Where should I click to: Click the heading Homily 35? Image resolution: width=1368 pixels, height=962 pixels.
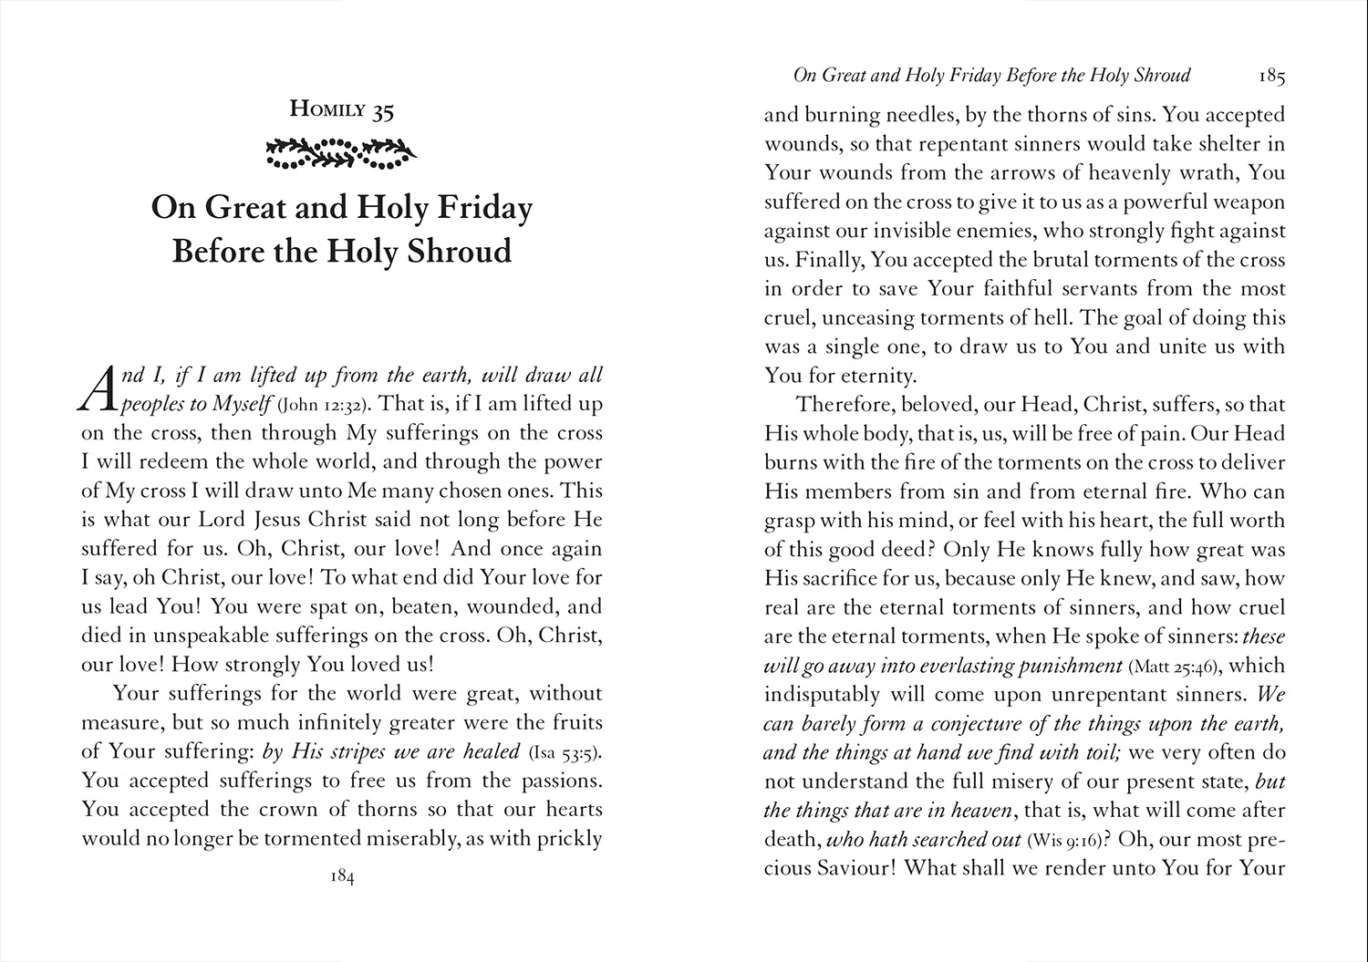341,110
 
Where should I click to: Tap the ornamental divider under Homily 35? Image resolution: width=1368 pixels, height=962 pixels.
341,154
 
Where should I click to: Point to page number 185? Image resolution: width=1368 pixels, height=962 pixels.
1270,77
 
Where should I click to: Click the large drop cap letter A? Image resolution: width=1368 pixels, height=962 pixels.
98,389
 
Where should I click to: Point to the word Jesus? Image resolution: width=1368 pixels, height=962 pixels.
289,520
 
